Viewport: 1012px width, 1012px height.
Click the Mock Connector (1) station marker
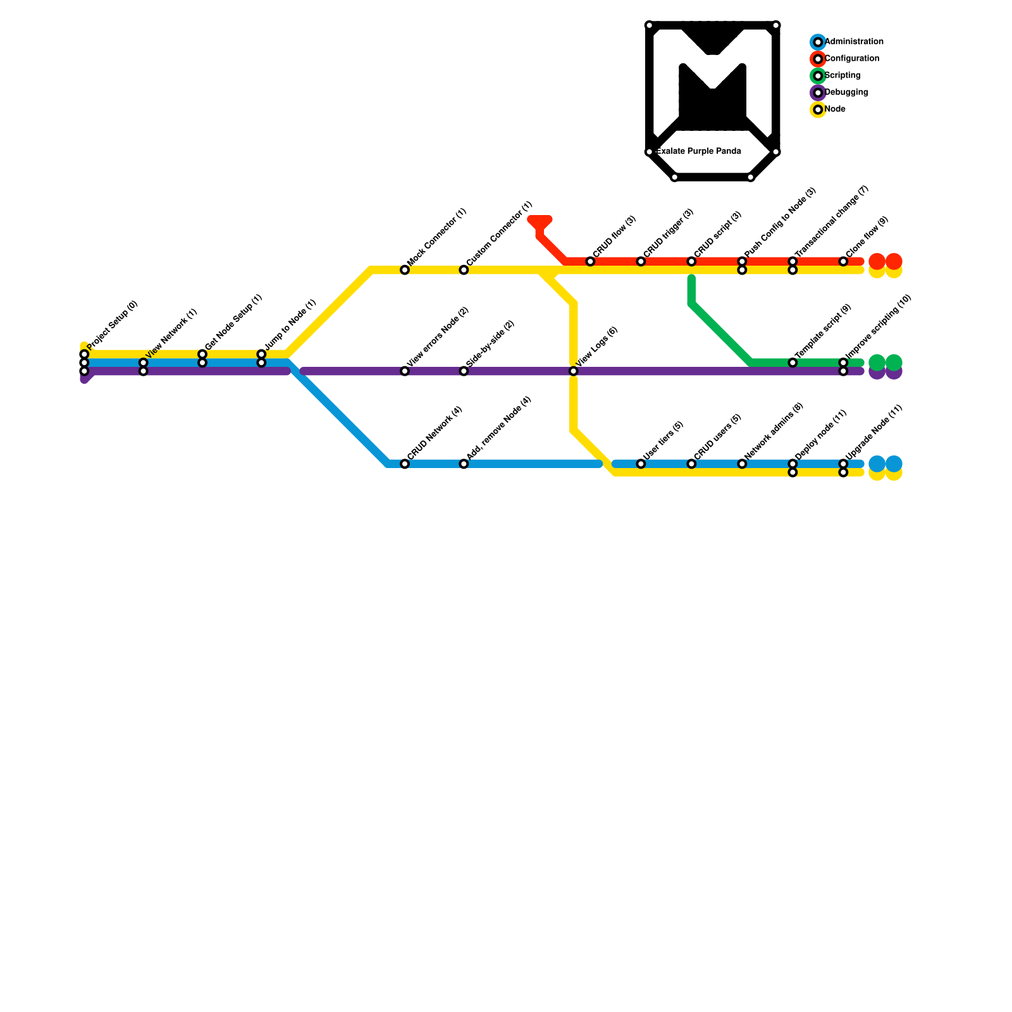[405, 270]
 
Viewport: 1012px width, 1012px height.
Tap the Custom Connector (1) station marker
[464, 270]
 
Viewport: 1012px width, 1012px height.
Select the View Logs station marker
[574, 371]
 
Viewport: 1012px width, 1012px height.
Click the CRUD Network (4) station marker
[405, 464]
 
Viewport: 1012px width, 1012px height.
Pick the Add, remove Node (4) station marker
[464, 464]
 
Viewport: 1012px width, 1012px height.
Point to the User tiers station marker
[641, 464]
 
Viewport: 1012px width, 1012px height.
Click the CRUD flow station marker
[590, 262]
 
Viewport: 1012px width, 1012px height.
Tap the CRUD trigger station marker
[641, 262]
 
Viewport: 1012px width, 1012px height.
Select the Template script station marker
[793, 362]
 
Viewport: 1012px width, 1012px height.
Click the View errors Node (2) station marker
[405, 371]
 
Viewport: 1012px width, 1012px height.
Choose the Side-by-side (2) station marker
[464, 371]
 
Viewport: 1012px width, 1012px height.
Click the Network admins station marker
[742, 464]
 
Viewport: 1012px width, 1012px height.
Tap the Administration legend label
[854, 42]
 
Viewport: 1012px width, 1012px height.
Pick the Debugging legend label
[846, 92]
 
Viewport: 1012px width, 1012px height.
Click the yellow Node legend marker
[818, 109]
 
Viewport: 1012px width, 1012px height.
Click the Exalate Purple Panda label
[699, 152]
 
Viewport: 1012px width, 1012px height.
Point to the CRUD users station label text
[717, 436]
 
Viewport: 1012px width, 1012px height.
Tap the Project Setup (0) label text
[113, 325]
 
